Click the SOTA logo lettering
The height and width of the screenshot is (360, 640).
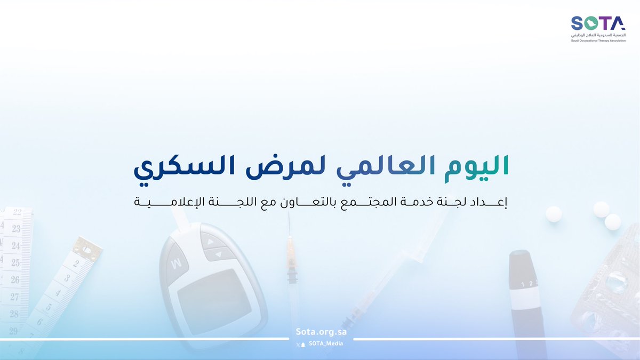598,23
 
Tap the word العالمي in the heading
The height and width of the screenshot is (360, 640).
387,165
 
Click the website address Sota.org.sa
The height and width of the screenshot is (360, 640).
321,331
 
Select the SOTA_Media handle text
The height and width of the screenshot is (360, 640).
325,343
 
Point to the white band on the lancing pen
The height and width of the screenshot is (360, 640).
524,294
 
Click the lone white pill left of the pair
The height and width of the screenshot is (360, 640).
554,214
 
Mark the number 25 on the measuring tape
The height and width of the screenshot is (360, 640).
14,262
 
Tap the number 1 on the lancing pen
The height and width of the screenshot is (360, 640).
523,283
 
